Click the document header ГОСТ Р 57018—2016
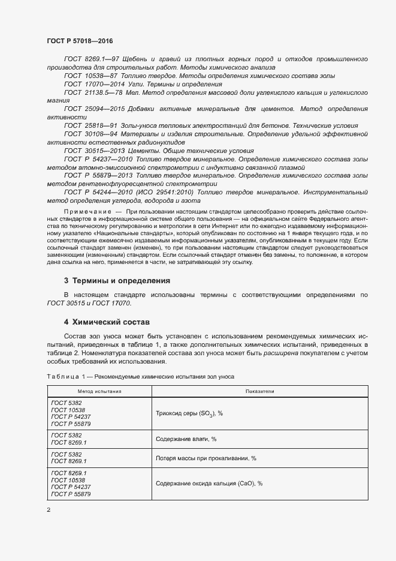(x=80, y=41)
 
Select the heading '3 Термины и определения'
(x=117, y=280)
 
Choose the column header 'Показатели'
(x=259, y=391)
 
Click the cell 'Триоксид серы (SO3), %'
(x=189, y=413)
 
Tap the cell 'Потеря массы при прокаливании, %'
(x=205, y=458)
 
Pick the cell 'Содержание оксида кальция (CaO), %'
(x=209, y=483)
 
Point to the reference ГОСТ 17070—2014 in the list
(x=91, y=85)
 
